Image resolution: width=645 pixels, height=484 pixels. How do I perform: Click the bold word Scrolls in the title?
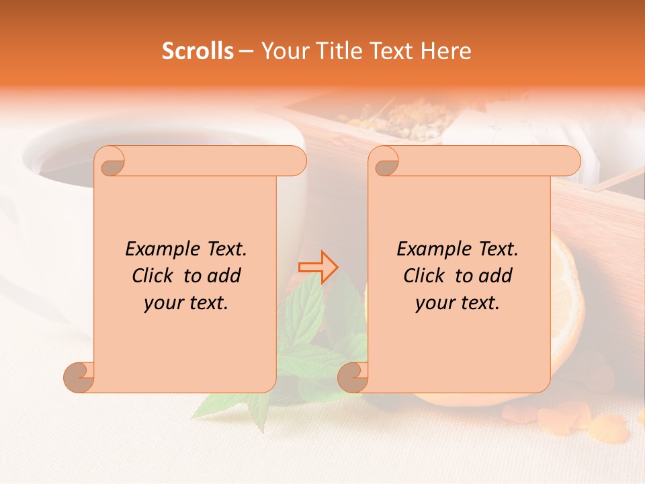(198, 51)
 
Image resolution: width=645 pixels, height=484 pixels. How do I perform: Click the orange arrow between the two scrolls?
(318, 268)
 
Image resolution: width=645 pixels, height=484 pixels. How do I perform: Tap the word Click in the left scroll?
(155, 276)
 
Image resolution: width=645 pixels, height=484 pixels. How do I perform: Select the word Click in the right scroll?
(426, 276)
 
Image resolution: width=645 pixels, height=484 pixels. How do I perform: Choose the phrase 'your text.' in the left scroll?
(186, 302)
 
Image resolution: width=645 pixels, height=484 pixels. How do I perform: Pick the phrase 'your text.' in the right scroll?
(458, 302)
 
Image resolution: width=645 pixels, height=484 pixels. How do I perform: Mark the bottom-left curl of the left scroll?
(79, 376)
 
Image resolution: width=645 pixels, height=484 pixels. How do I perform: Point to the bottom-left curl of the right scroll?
(352, 376)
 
